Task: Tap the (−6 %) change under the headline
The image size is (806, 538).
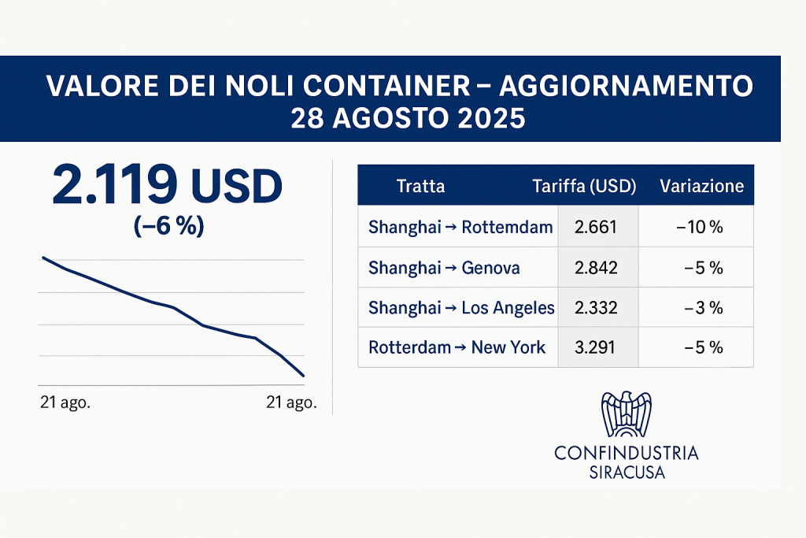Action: pyautogui.click(x=168, y=226)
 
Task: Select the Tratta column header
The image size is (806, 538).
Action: pyautogui.click(x=421, y=187)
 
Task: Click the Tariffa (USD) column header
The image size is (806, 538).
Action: pyautogui.click(x=584, y=187)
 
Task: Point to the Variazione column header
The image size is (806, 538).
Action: pyautogui.click(x=701, y=187)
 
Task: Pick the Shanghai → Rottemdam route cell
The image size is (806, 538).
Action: pyautogui.click(x=460, y=228)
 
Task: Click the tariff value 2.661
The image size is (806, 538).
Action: pyautogui.click(x=597, y=228)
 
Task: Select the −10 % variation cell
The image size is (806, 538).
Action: pyautogui.click(x=699, y=228)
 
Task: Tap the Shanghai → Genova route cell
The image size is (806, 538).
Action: pyautogui.click(x=444, y=268)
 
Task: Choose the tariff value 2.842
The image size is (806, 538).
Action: pyautogui.click(x=597, y=268)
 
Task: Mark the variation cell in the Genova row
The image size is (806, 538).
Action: pyautogui.click(x=703, y=268)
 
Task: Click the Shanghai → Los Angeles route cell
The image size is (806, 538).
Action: pyautogui.click(x=461, y=307)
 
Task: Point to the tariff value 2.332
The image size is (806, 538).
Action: pyautogui.click(x=597, y=307)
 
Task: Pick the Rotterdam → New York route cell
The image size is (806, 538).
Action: pyautogui.click(x=457, y=347)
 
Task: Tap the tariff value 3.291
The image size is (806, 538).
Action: pyautogui.click(x=597, y=347)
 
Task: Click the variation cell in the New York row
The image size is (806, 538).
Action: pyautogui.click(x=703, y=347)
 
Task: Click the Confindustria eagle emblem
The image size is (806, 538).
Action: pyautogui.click(x=626, y=414)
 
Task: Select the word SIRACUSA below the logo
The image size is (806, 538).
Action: pyautogui.click(x=627, y=473)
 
